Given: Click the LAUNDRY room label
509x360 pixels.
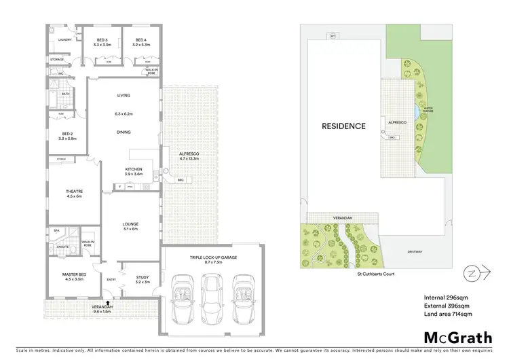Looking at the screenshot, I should (x=65, y=41).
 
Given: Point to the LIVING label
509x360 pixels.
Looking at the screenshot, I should (x=123, y=95).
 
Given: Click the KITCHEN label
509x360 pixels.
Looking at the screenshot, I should (x=132, y=168).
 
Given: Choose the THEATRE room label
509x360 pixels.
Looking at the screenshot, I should (x=74, y=192).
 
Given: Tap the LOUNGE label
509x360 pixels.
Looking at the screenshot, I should (x=131, y=224).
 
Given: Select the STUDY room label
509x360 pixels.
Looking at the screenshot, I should (x=142, y=276).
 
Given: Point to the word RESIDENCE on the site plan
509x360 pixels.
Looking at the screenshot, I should (x=343, y=126).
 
